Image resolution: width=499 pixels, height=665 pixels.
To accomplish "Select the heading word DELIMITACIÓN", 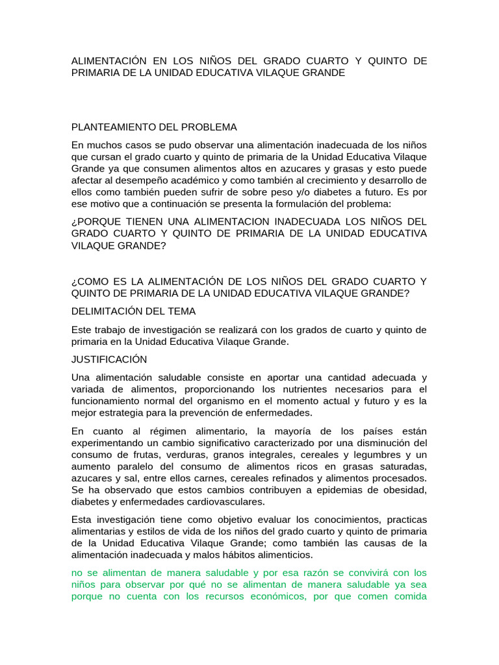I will pyautogui.click(x=106, y=311).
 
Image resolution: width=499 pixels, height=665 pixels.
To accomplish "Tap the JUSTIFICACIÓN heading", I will pyautogui.click(x=109, y=359).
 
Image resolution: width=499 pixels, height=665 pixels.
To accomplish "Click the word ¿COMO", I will pyautogui.click(x=89, y=281).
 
